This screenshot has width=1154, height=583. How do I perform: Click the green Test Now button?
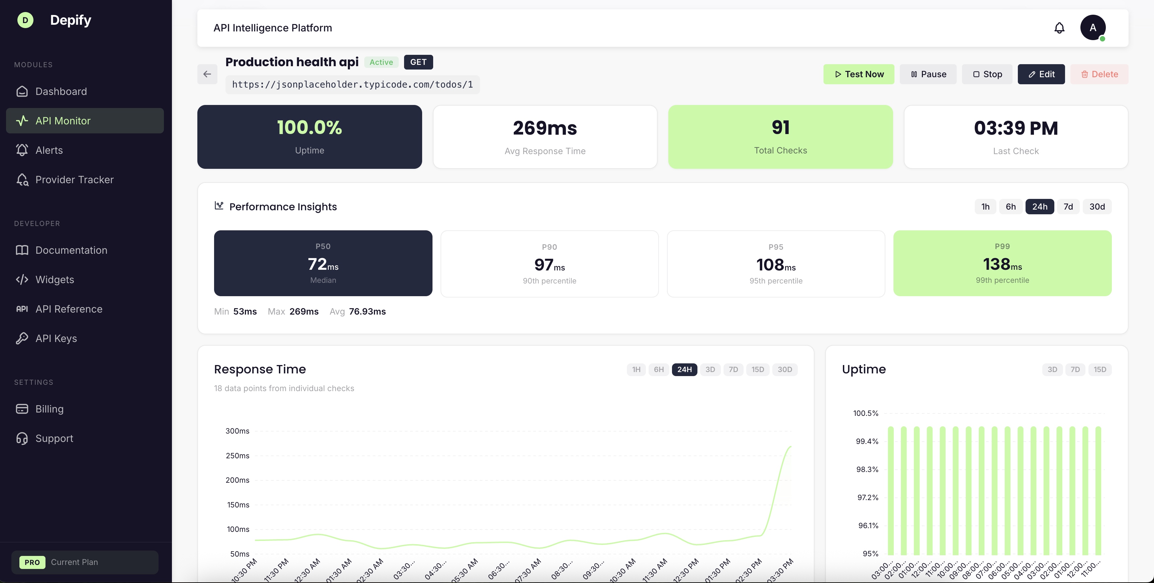(x=858, y=74)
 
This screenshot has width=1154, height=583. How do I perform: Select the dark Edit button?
(x=1041, y=74)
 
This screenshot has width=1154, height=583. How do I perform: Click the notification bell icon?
(x=1059, y=28)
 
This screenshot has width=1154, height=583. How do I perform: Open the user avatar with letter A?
(x=1093, y=28)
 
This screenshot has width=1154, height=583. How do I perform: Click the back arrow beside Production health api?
(x=207, y=74)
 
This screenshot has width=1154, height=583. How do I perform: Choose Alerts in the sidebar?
(x=49, y=150)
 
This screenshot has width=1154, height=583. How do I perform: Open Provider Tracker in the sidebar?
(x=74, y=180)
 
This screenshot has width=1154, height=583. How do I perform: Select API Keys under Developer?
(x=56, y=339)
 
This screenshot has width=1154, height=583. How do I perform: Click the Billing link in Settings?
(x=49, y=409)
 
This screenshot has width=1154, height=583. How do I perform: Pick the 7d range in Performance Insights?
(x=1068, y=206)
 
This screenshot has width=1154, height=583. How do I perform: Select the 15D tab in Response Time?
(x=758, y=369)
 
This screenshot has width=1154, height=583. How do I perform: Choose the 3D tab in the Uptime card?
(x=1052, y=369)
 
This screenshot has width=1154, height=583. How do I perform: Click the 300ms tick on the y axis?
(x=237, y=431)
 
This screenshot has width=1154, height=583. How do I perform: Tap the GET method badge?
(x=418, y=62)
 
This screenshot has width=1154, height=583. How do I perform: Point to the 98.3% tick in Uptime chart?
(x=867, y=469)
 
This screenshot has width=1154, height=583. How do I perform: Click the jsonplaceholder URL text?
(x=352, y=85)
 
